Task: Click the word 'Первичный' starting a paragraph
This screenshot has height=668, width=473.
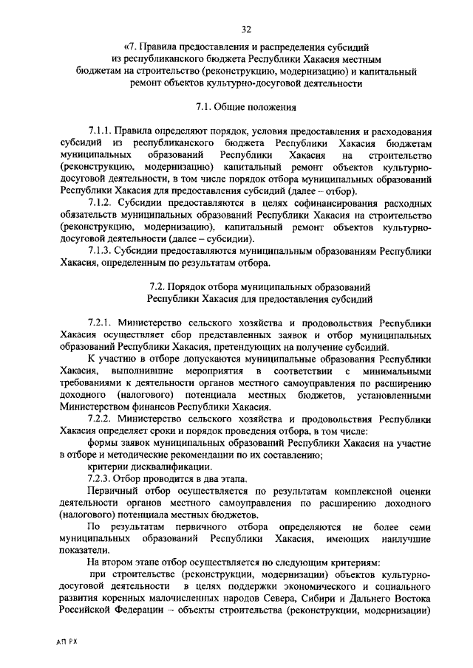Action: click(111, 491)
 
